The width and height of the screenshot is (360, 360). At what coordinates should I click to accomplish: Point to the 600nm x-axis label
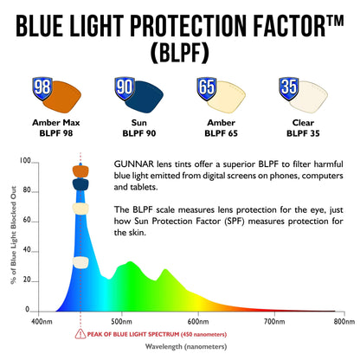pyautogui.click(x=199, y=321)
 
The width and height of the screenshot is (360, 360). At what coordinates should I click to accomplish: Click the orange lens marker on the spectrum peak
pyautogui.click(x=80, y=170)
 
